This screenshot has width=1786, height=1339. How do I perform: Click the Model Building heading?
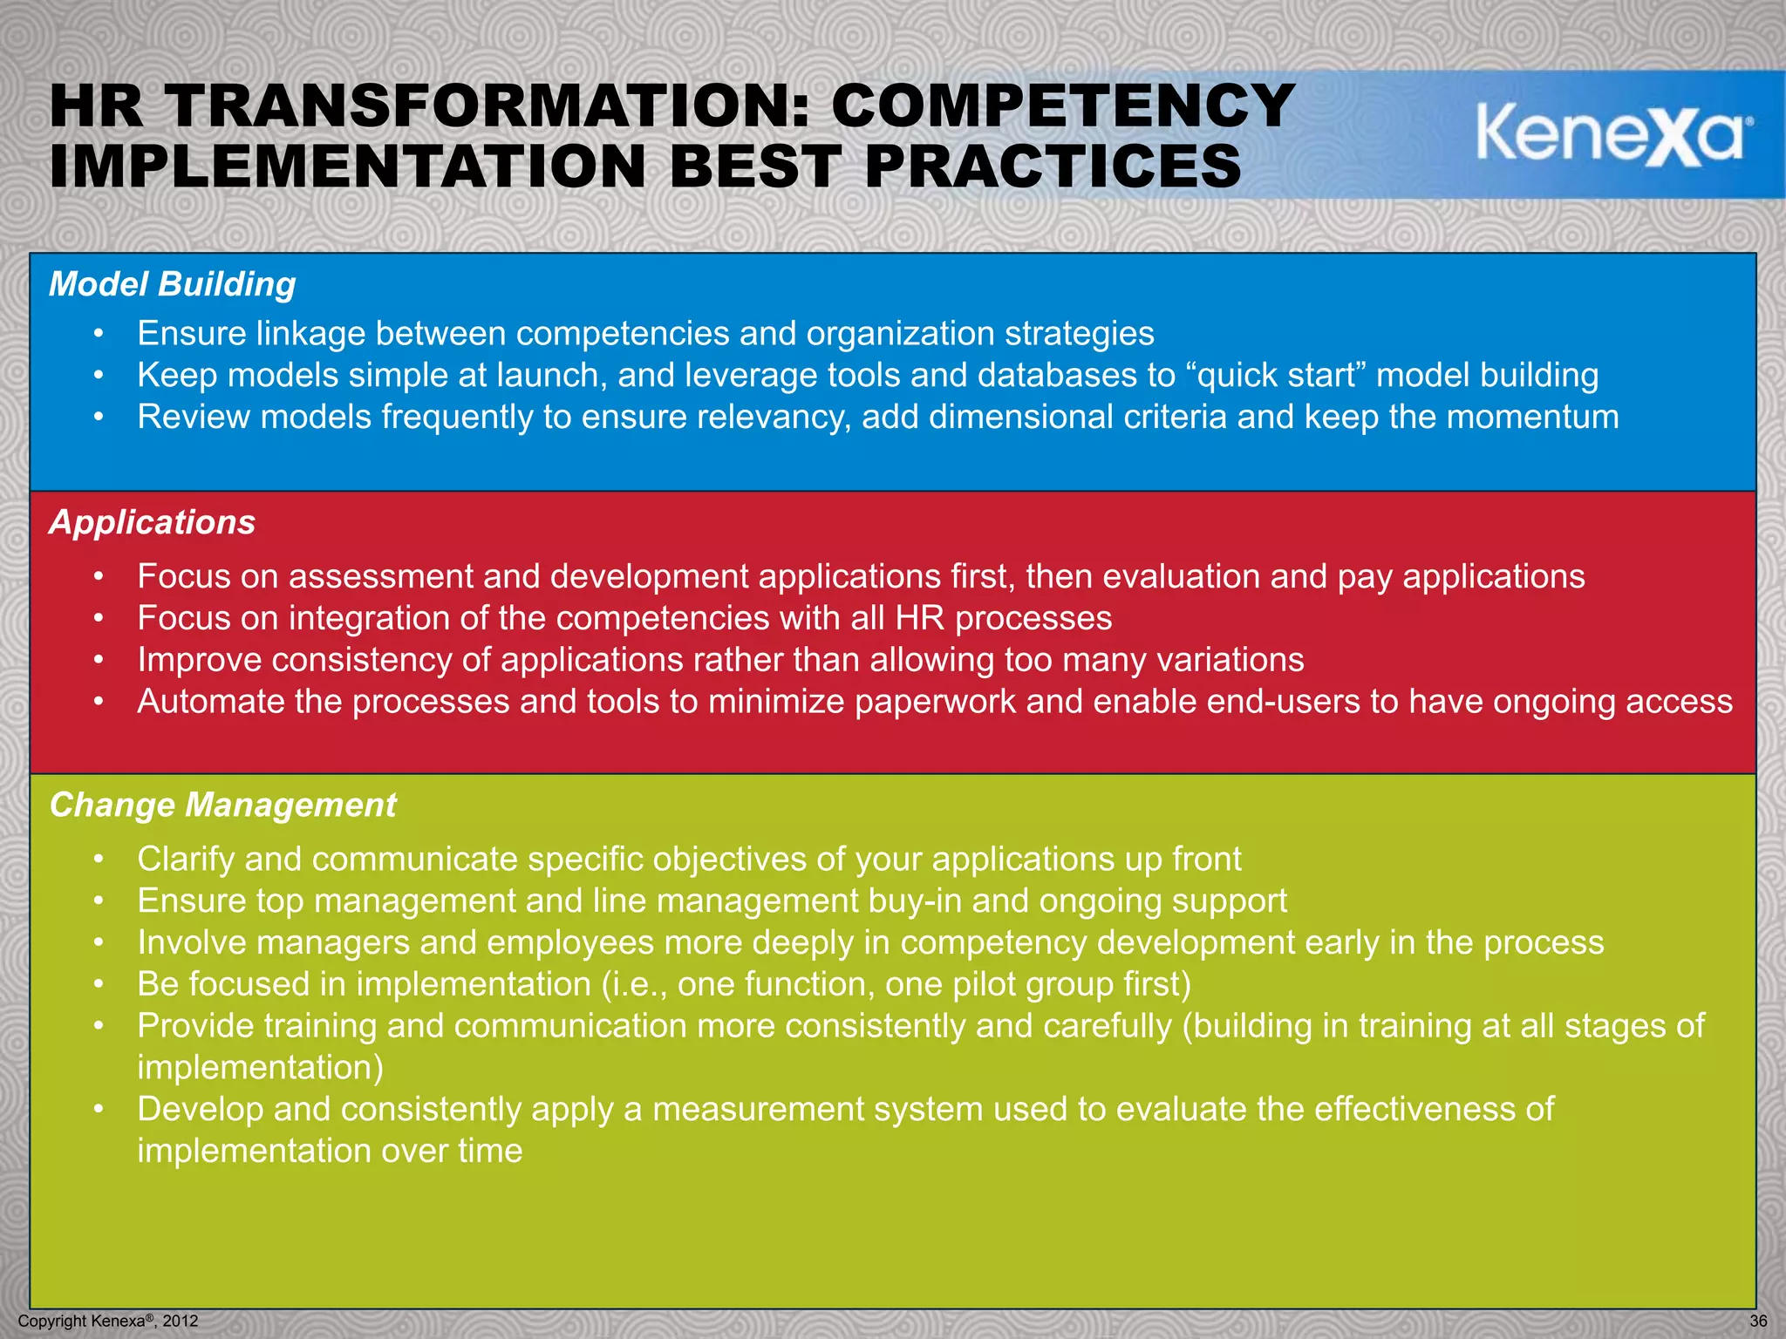coord(173,284)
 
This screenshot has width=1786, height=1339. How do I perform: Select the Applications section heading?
coord(153,522)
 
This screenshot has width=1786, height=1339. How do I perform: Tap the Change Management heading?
coord(223,805)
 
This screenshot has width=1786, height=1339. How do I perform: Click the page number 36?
coord(1758,1321)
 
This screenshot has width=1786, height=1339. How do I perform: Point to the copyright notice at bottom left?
coord(108,1321)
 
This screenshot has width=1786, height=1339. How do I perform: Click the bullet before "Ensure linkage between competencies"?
coord(100,334)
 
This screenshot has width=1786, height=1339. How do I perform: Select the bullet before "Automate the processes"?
coord(100,702)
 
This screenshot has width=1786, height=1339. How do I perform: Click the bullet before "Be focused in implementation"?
coord(100,984)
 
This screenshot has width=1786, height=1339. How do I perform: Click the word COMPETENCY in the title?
coord(1062,106)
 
